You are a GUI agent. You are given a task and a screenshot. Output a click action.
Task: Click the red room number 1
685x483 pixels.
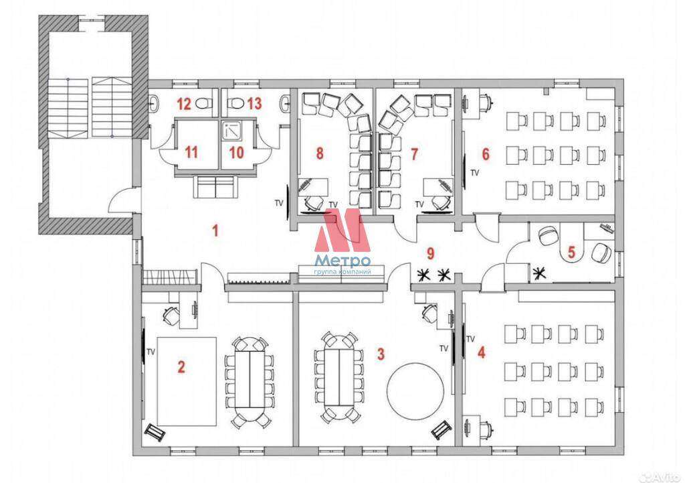215,230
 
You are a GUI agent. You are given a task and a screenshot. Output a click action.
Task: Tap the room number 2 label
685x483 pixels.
181,366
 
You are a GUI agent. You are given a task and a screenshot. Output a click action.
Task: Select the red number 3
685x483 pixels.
381,354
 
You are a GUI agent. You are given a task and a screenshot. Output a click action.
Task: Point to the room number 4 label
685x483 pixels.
482,352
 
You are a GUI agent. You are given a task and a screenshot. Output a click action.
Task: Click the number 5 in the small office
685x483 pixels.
571,252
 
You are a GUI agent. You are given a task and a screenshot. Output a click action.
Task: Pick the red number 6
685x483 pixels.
486,154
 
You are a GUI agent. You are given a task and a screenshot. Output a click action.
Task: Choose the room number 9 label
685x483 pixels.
431,253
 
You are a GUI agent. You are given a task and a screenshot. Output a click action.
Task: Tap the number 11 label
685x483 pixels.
192,152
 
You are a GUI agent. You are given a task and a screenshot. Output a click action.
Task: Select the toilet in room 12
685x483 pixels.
202,104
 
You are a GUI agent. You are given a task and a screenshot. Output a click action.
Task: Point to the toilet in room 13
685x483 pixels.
236,104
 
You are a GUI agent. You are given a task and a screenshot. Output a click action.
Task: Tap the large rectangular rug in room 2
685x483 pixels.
187,381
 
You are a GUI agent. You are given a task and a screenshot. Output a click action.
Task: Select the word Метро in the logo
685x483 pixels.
343,261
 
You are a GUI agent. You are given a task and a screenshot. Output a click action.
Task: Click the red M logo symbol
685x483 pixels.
342,230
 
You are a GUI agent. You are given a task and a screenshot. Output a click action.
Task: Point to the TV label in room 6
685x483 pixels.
475,174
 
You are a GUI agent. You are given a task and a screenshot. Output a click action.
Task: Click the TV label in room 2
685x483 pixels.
151,351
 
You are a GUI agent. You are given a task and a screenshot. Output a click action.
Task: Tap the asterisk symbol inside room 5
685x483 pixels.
540,274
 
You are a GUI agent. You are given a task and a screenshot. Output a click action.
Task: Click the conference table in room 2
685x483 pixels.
249,378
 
